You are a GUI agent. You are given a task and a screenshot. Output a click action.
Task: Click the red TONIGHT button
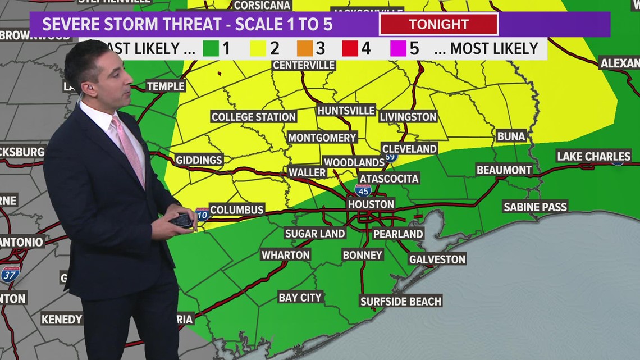pos(438,24)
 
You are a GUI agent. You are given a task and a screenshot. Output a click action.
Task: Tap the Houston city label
pos(371,204)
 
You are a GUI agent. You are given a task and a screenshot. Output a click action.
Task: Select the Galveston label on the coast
pos(437,259)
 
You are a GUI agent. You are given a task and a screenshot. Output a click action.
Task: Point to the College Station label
pos(253,117)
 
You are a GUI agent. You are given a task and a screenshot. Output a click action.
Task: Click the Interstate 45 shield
pos(363,191)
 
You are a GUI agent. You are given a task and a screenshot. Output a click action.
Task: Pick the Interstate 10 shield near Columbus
pos(202,214)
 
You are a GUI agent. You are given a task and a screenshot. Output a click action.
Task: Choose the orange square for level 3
pos(305,48)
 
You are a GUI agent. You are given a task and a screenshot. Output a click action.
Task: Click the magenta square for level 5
pos(398,48)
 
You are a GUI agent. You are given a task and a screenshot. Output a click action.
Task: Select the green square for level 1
pos(211,48)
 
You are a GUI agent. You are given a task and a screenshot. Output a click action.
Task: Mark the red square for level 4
pos(351,48)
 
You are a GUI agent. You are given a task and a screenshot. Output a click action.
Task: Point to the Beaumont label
pos(504,170)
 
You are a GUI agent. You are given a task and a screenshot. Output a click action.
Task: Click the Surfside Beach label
pos(401,301)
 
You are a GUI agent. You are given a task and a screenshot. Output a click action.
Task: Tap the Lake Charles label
pos(593,156)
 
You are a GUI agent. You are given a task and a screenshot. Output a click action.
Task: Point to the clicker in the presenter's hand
pos(182,220)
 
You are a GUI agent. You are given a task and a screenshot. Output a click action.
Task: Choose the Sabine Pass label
pos(535,207)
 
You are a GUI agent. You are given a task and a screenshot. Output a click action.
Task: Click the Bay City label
pos(300,297)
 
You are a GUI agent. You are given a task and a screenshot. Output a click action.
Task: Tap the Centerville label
pos(304,65)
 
